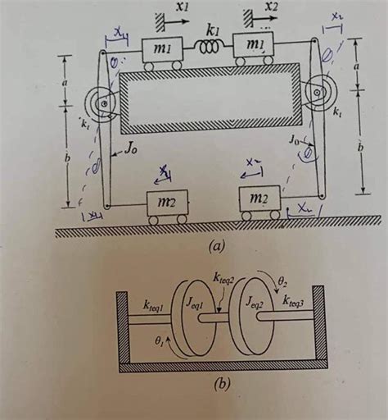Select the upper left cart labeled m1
pyautogui.click(x=163, y=51)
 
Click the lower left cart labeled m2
pyautogui.click(x=166, y=205)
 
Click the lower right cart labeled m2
pyautogui.click(x=260, y=202)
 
